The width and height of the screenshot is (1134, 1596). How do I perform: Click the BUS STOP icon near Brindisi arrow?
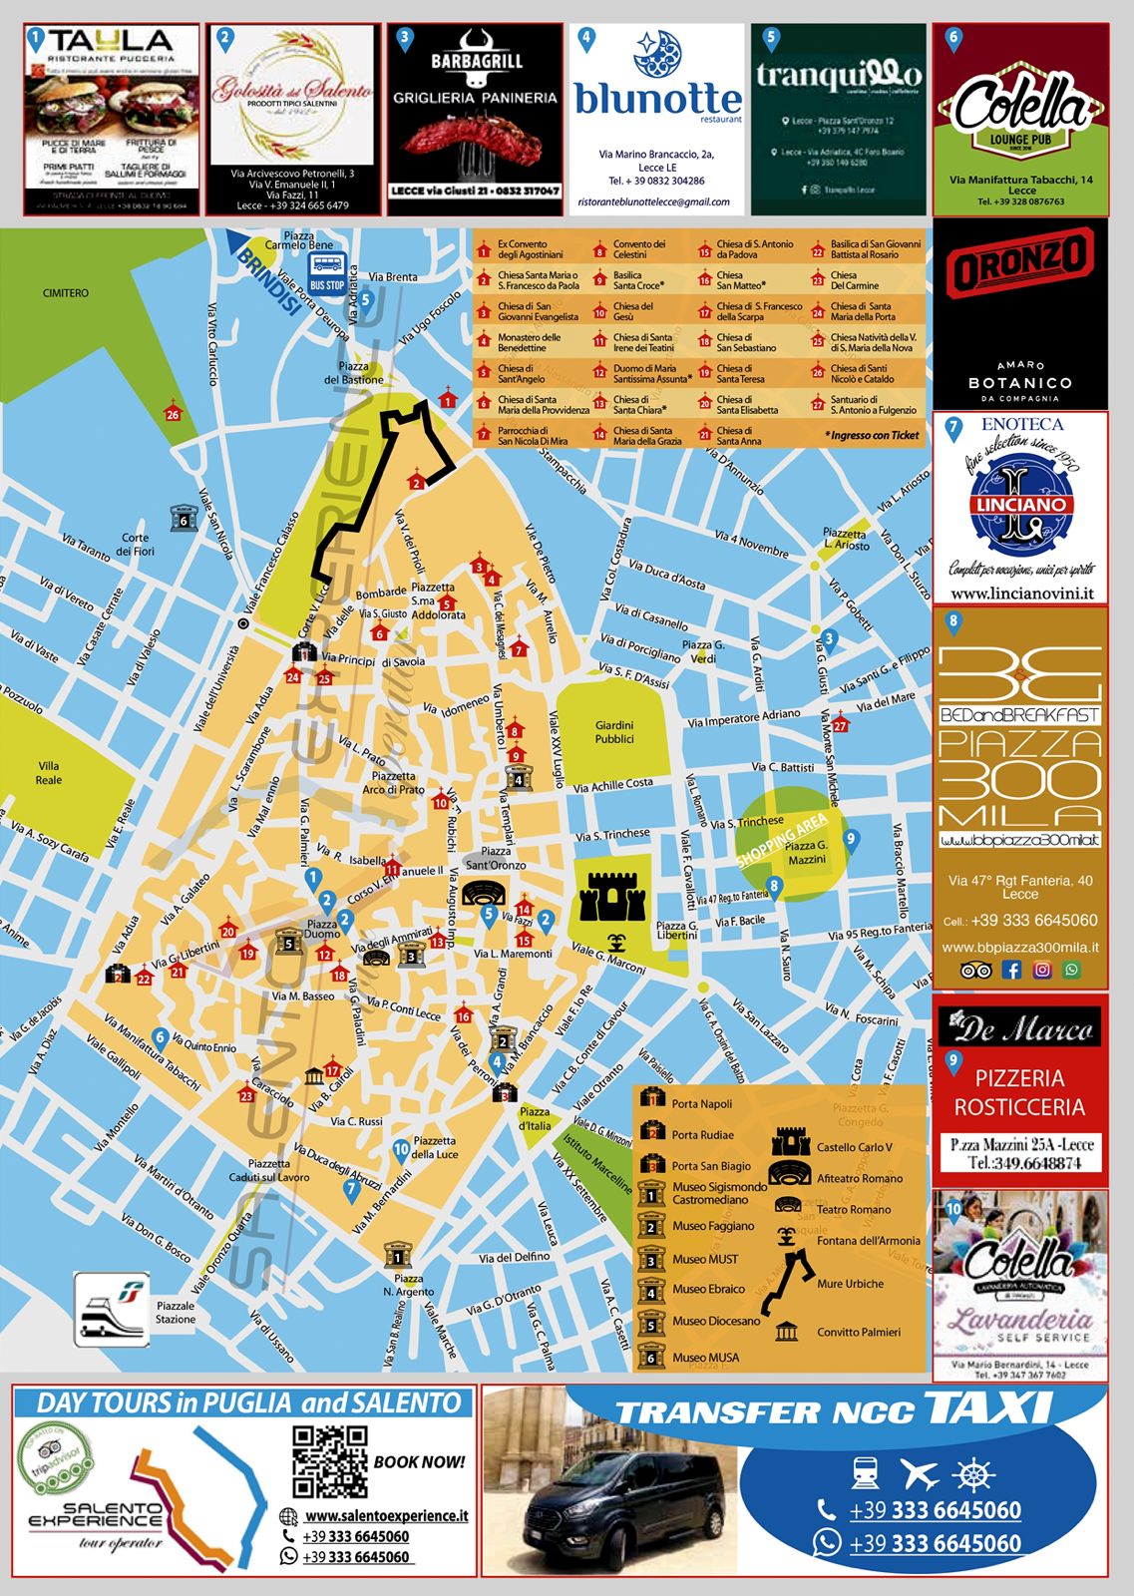tap(327, 269)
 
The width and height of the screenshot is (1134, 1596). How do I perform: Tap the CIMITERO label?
tap(66, 293)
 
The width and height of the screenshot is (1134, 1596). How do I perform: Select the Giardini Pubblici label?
tap(614, 732)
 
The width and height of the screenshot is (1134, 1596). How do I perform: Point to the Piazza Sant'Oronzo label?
tap(496, 858)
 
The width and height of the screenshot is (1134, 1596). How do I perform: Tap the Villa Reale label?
tap(49, 773)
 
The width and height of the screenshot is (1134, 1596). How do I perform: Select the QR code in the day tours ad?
tap(329, 1461)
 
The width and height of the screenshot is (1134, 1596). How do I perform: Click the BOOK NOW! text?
tap(419, 1462)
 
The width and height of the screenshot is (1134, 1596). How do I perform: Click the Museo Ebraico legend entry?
tap(708, 1289)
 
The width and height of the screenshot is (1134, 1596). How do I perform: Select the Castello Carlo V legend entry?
tap(854, 1147)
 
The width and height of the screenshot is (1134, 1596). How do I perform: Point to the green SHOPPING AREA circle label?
tap(782, 840)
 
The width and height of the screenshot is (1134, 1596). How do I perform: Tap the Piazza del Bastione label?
tap(353, 373)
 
